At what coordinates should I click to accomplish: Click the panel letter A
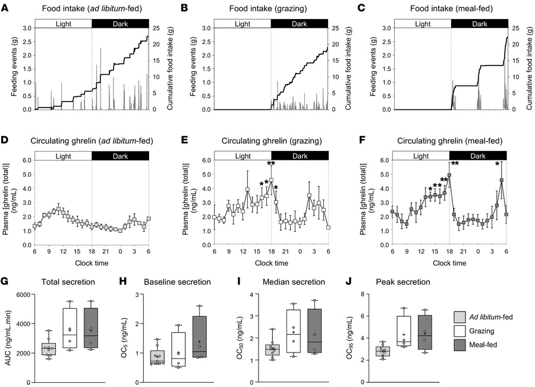5,9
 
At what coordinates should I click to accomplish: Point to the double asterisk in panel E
270,163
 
